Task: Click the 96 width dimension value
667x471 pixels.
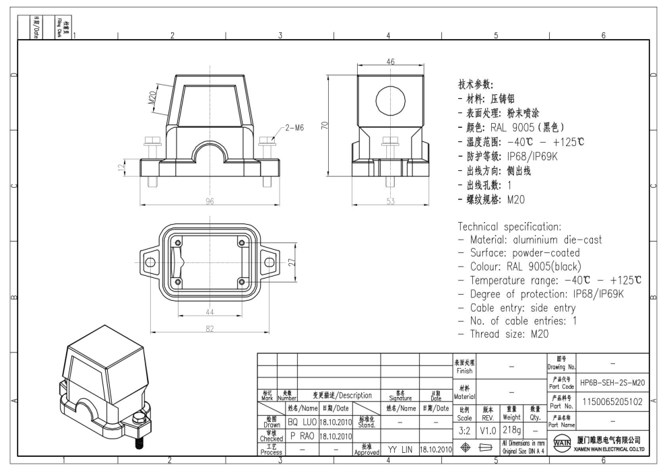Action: click(210, 201)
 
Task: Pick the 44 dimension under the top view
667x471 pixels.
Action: click(210, 313)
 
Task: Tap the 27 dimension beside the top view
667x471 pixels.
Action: click(292, 262)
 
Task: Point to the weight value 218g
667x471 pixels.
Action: click(512, 429)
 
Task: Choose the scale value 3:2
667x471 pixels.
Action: click(464, 429)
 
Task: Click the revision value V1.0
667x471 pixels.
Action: click(488, 429)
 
